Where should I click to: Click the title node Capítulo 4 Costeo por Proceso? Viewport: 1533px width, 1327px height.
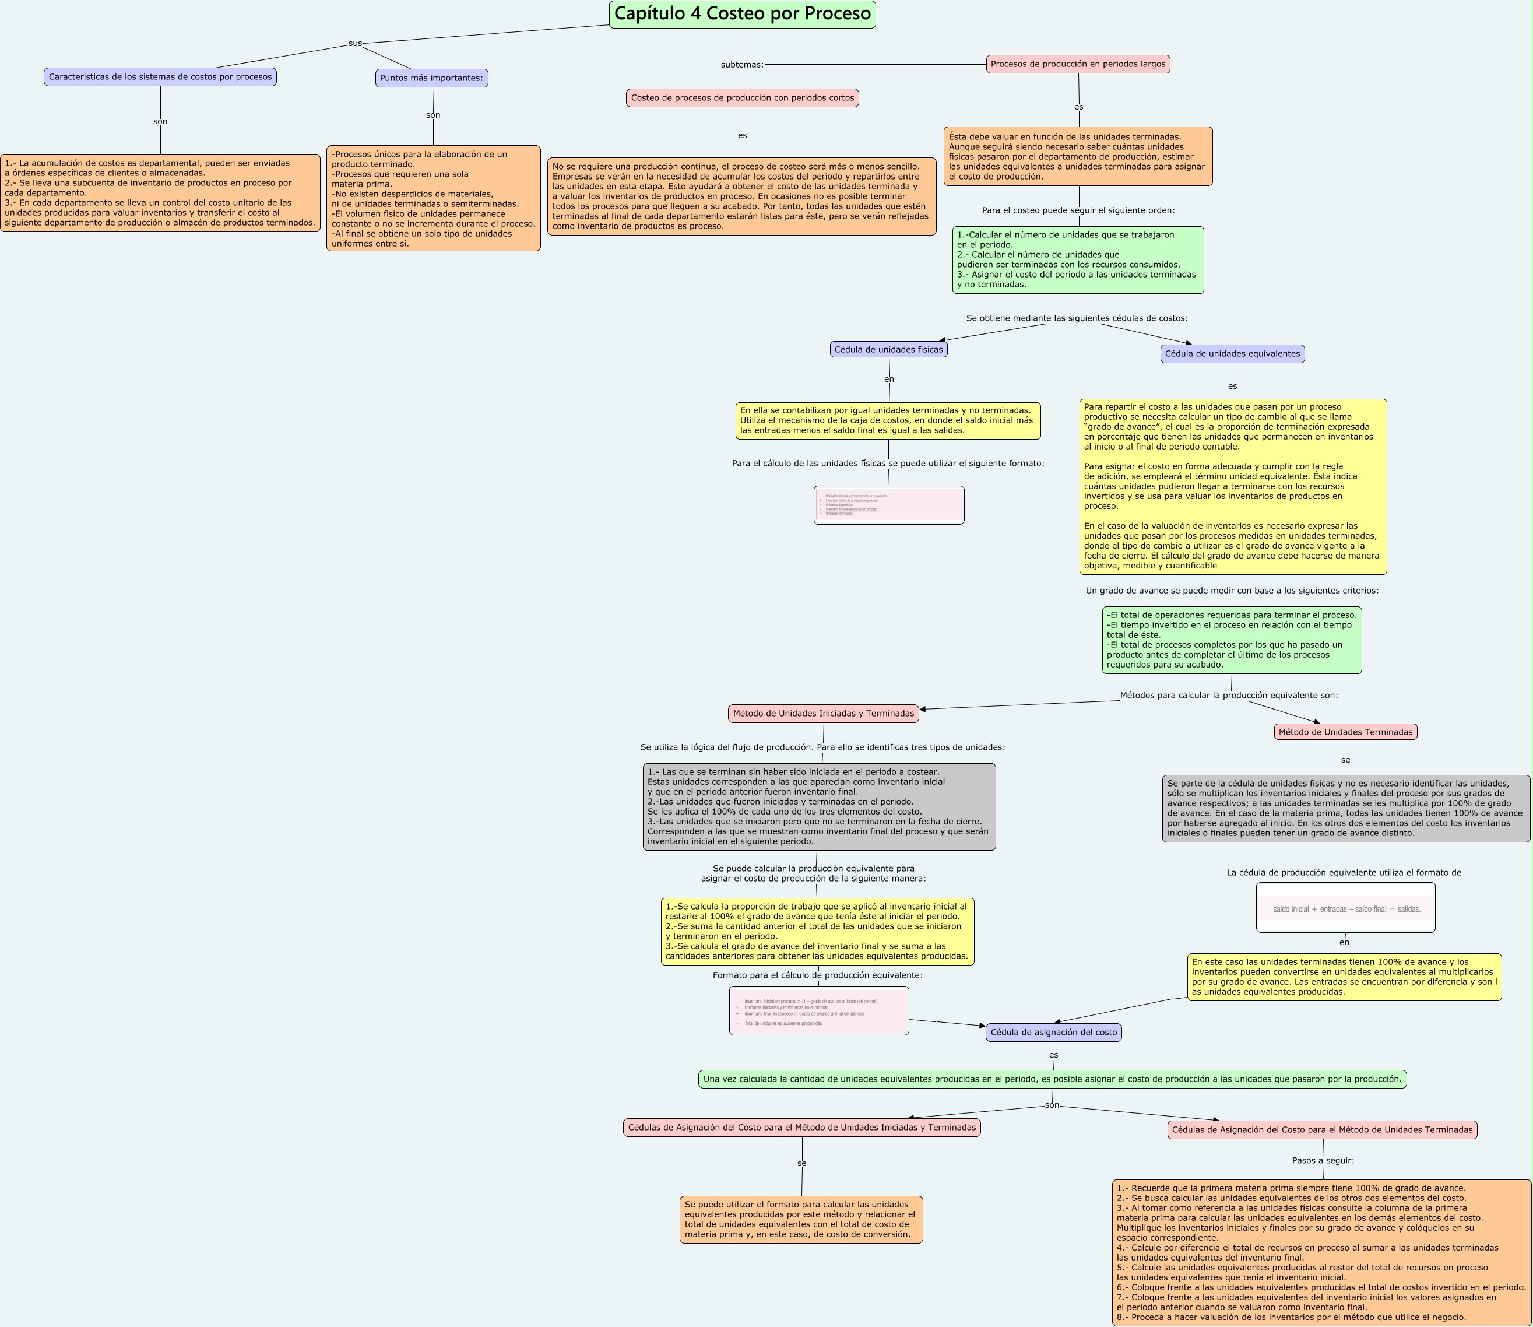coord(743,14)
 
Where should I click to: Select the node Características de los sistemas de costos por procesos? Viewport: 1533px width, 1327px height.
coord(160,77)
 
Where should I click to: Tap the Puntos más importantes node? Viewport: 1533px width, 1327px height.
coord(431,78)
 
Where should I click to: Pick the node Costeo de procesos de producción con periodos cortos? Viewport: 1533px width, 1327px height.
coord(743,98)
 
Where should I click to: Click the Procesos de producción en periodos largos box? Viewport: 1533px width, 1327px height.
coord(1078,64)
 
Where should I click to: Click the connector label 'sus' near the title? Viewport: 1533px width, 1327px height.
coord(356,44)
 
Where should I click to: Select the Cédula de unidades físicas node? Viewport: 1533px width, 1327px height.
coord(888,349)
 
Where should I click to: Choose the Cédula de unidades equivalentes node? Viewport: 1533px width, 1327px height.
coord(1232,354)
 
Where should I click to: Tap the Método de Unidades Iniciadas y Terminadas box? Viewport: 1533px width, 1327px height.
coord(823,713)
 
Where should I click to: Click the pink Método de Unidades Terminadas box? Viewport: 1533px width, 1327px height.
coord(1345,732)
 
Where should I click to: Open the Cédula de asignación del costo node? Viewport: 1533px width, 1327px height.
coord(1053,1033)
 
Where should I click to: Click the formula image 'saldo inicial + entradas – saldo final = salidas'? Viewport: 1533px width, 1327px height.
coord(1345,908)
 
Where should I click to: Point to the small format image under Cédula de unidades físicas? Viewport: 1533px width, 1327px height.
coord(888,505)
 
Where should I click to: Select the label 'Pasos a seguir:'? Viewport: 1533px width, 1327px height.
coord(1323,1160)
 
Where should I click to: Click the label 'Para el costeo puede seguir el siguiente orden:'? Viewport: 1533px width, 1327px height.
coord(1078,210)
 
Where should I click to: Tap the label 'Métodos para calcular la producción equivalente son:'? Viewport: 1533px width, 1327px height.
coord(1229,696)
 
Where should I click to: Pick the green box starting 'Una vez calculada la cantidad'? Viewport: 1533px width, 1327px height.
coord(1052,1079)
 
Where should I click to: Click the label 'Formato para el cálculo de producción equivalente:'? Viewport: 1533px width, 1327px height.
coord(817,975)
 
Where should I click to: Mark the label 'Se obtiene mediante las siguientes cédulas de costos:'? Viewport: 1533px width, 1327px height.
coord(1076,318)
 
